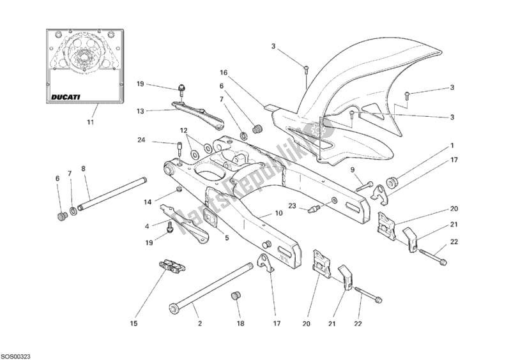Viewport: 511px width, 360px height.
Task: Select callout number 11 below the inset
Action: (x=90, y=122)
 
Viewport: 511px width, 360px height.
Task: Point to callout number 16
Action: (x=224, y=73)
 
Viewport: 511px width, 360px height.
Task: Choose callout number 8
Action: (x=83, y=169)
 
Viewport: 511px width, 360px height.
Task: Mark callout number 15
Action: (x=134, y=324)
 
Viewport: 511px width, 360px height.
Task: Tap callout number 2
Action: (x=199, y=324)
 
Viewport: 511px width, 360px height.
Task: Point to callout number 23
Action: (x=293, y=206)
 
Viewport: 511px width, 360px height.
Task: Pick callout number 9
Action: (x=351, y=169)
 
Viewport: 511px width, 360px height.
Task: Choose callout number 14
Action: (x=148, y=202)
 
